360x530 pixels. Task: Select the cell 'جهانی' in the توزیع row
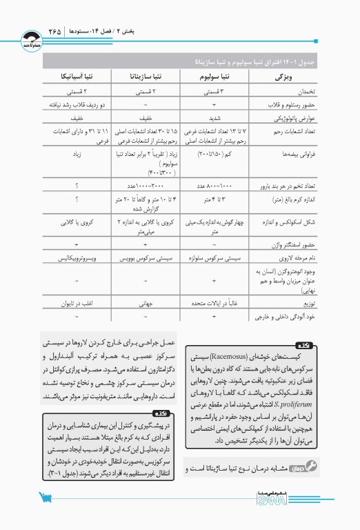pos(146,303)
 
